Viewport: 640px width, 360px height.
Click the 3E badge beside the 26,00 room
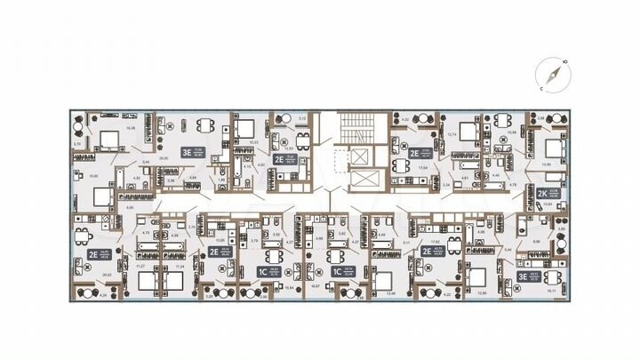[x=187, y=151]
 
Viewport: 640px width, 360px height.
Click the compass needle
[x=551, y=76]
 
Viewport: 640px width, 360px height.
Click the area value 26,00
[x=164, y=159]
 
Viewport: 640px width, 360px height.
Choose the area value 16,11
[x=552, y=290]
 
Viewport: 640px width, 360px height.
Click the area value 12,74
[x=452, y=134]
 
